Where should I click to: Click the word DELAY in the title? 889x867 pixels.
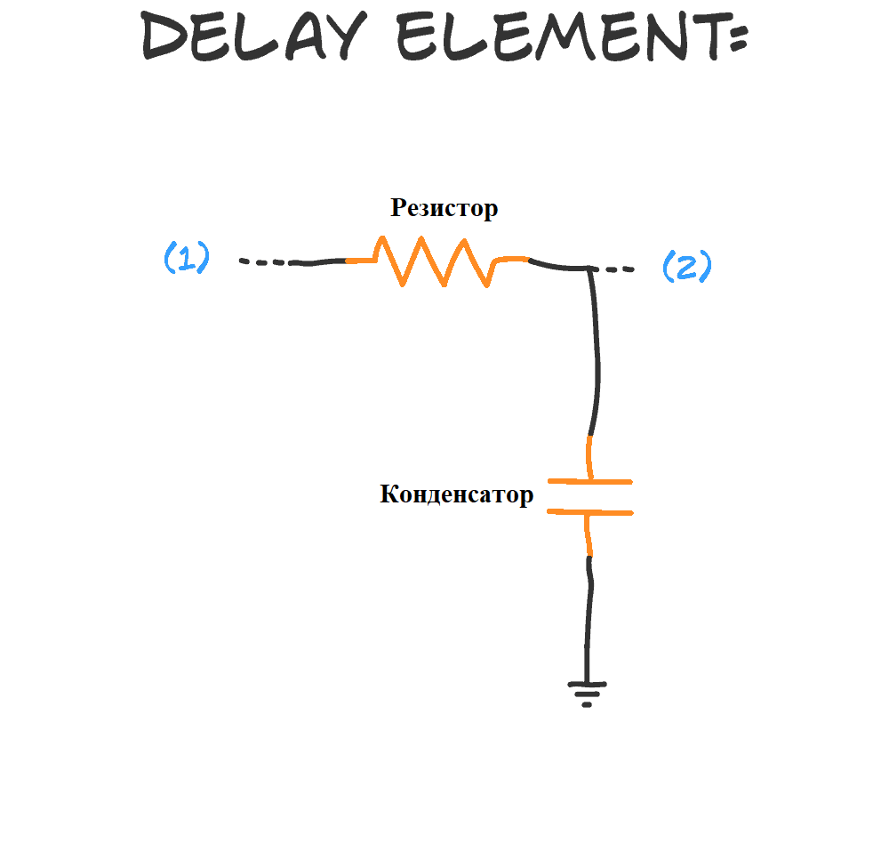pos(252,37)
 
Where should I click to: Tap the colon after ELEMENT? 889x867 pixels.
pos(737,38)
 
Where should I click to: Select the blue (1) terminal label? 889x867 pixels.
pos(187,258)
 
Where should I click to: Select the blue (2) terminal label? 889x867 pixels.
pos(687,266)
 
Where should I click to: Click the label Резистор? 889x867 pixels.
pos(444,208)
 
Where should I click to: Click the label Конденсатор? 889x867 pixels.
pos(456,494)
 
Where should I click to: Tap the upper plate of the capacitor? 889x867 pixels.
pos(589,482)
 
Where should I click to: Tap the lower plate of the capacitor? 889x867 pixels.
pos(589,512)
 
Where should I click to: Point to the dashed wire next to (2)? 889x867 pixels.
pos(618,269)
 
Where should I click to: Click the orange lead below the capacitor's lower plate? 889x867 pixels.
pos(588,535)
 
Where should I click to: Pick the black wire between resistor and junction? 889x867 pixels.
pos(556,264)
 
